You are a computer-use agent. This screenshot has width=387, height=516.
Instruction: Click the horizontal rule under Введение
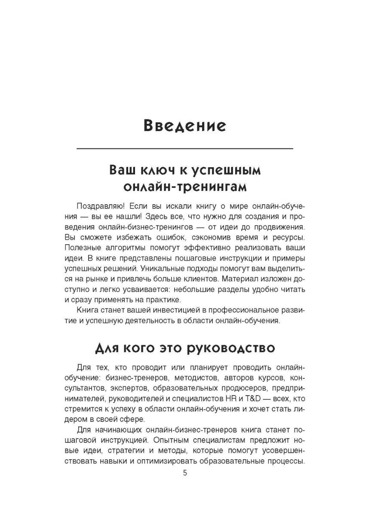point(184,149)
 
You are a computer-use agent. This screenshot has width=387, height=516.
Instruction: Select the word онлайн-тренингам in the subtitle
point(185,187)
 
